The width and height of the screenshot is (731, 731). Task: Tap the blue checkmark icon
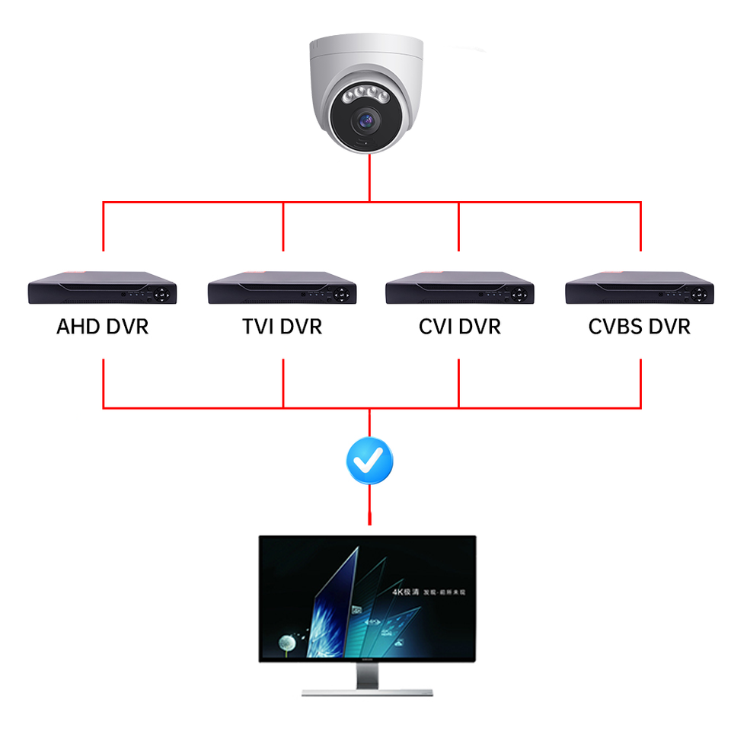[369, 459]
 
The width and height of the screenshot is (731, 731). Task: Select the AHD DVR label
[102, 327]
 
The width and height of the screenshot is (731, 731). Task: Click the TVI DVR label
[282, 327]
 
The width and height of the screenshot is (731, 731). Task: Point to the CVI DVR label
[459, 327]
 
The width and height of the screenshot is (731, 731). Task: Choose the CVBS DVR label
[639, 327]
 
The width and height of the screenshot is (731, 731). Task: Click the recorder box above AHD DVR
[102, 287]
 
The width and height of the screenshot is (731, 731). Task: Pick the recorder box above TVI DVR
[282, 287]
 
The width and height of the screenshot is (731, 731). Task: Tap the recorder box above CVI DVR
[459, 287]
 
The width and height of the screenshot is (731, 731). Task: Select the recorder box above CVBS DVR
[639, 287]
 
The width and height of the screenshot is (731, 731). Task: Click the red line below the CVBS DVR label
[640, 381]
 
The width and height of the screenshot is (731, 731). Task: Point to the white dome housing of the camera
[365, 61]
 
